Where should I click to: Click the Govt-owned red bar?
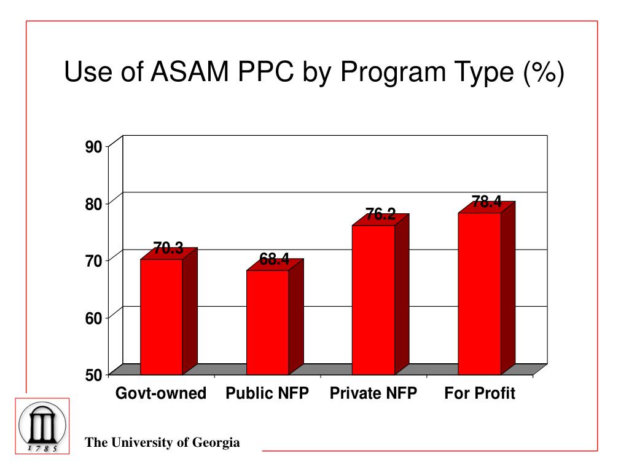coord(162,317)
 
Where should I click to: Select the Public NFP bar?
coord(267,322)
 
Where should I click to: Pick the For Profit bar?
coord(479,293)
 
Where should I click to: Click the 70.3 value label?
coord(168,248)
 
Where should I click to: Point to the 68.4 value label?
coord(274,260)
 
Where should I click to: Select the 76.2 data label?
coord(380,214)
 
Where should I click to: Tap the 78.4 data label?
coord(486,202)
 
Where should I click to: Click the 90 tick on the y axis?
coord(93,146)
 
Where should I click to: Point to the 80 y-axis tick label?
coord(93,203)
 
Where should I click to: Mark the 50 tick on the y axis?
coord(93,374)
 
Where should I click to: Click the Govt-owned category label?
coord(161,393)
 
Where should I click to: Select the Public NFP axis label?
coord(267,393)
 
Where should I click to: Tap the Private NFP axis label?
coord(373,393)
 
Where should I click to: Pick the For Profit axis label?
coord(480,393)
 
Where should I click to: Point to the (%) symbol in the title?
coord(543,73)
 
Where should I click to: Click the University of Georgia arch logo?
coord(42,426)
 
